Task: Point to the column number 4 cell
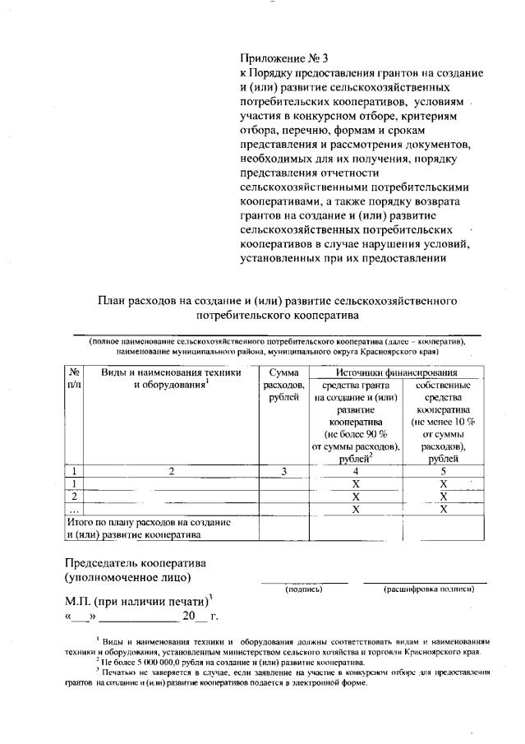click(356, 471)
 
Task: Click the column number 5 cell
click(443, 471)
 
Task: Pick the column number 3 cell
click(283, 471)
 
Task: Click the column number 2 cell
click(172, 471)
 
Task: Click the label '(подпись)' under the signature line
click(303, 589)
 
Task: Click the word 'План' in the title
click(113, 300)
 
